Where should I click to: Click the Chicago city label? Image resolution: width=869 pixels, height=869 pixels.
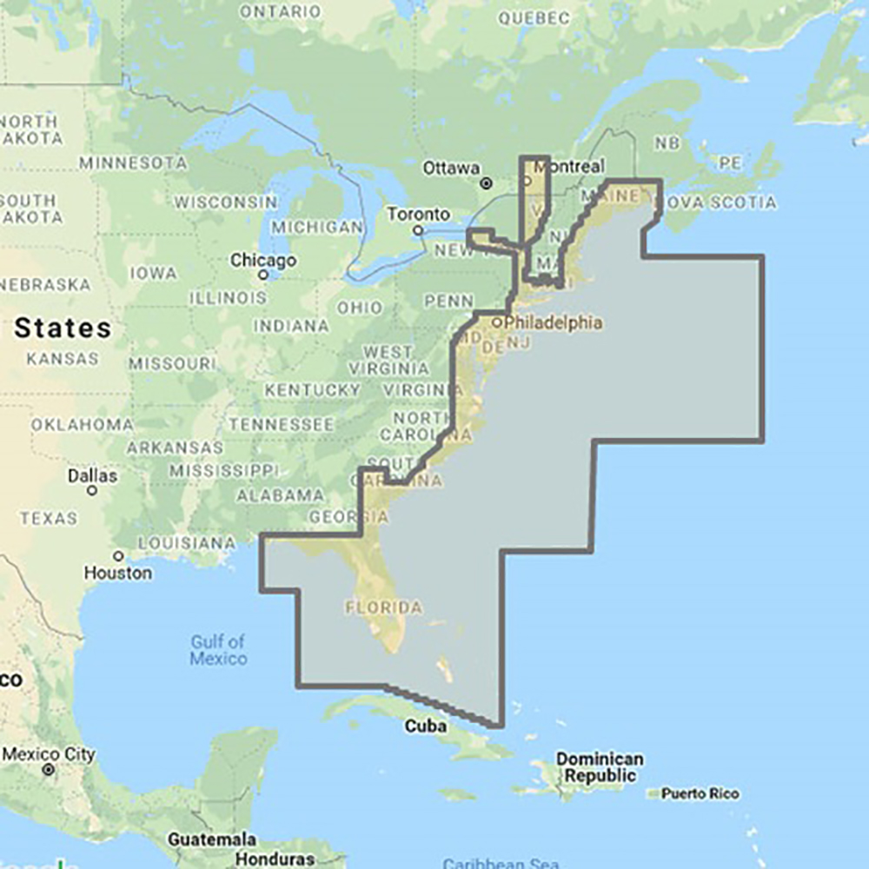[x=263, y=260]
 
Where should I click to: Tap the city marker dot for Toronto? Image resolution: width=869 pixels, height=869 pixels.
[x=418, y=230]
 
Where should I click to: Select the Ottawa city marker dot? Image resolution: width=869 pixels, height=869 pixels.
[x=487, y=183]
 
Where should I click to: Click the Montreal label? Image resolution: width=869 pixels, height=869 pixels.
[x=572, y=166]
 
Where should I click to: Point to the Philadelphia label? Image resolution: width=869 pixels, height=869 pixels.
[x=553, y=322]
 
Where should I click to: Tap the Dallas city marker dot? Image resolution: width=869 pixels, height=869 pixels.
[x=92, y=491]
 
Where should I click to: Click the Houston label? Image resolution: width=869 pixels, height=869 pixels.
[x=117, y=574]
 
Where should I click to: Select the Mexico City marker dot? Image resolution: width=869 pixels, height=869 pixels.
[x=49, y=769]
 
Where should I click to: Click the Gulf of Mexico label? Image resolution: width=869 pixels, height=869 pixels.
[x=218, y=650]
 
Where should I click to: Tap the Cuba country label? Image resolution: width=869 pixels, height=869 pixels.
[x=426, y=726]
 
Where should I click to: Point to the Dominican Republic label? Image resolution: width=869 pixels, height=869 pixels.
[x=600, y=766]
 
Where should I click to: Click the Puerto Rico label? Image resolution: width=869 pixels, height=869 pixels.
[x=700, y=793]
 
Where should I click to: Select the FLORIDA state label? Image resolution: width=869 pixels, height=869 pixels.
[x=383, y=607]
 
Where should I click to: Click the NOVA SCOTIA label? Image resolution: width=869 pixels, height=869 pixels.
[x=720, y=202]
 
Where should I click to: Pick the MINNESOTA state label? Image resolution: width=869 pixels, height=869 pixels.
[x=132, y=163]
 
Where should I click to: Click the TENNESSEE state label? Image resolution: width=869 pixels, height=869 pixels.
[x=281, y=425]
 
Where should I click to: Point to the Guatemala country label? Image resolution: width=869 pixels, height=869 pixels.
[x=212, y=839]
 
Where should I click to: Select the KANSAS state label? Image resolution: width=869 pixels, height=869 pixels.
[x=62, y=358]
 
